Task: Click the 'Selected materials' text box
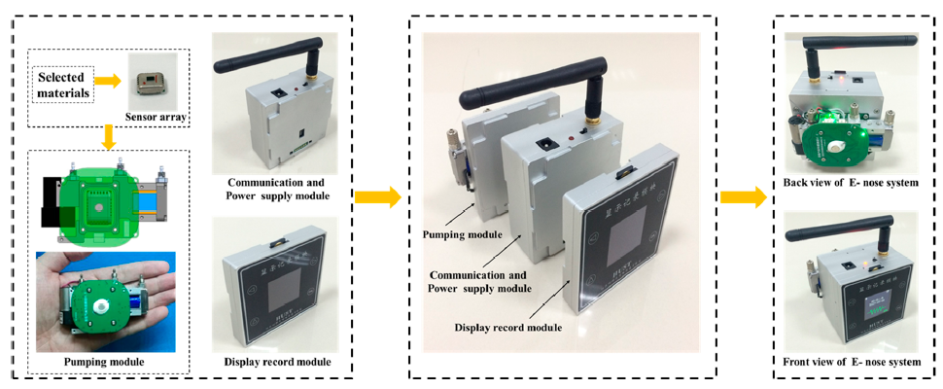pos(60,85)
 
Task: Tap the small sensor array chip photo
pos(148,85)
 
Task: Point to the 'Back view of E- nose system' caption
pos(852,183)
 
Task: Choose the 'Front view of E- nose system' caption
pos(852,363)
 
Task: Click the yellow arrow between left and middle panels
pos(377,197)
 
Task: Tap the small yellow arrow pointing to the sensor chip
pos(112,85)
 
